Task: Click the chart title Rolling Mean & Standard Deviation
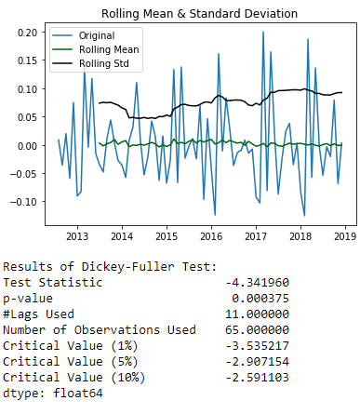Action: coord(199,14)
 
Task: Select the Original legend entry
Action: coord(84,35)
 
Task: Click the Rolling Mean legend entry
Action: coord(96,49)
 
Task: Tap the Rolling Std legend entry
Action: coord(90,63)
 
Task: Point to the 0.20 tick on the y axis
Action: coord(28,33)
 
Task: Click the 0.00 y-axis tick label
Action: coord(28,146)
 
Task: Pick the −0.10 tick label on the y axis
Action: coord(24,202)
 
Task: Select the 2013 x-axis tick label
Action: coord(77,236)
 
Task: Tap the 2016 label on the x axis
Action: coord(211,236)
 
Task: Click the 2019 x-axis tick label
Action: coord(345,236)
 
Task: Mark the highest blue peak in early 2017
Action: coord(263,32)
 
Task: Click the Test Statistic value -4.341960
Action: coord(257,283)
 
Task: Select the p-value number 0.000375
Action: coord(260,299)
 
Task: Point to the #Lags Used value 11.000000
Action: coord(257,314)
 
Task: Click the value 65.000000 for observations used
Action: coord(257,330)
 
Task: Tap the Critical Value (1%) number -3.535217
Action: coord(257,346)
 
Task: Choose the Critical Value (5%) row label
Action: coord(71,362)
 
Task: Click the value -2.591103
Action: coord(257,378)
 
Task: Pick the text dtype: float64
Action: coord(53,394)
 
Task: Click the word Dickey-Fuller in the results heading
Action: coord(127,267)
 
